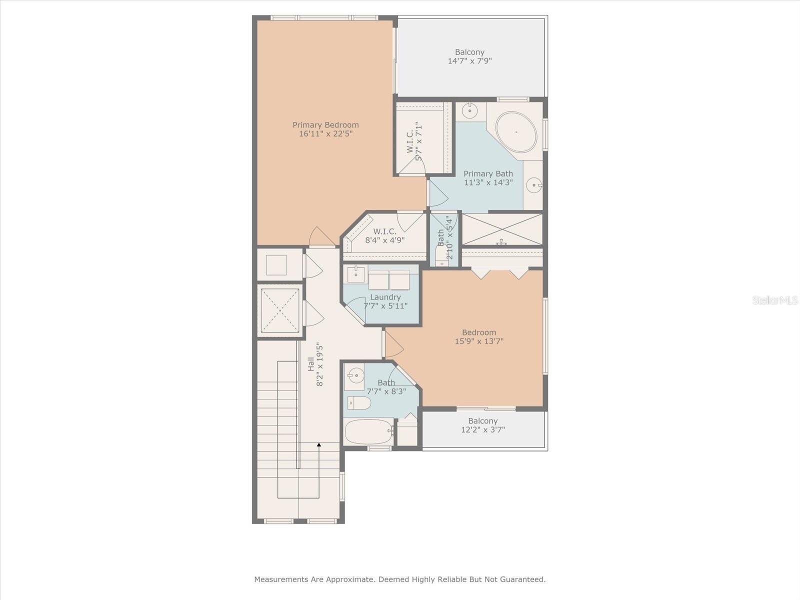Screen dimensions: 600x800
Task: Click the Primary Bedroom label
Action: pyautogui.click(x=325, y=125)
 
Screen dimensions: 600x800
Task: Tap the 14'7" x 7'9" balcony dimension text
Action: pyautogui.click(x=469, y=61)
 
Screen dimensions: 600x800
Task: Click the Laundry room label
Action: pyautogui.click(x=385, y=297)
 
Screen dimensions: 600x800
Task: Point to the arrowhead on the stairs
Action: pyautogui.click(x=319, y=444)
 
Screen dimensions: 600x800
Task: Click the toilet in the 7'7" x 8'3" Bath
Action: pyautogui.click(x=359, y=402)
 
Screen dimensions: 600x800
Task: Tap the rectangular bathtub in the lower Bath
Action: pyautogui.click(x=368, y=431)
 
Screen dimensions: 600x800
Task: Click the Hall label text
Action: pyautogui.click(x=311, y=363)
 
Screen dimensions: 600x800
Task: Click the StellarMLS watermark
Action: pyautogui.click(x=774, y=300)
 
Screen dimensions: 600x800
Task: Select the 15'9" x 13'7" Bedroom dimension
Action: pyautogui.click(x=479, y=341)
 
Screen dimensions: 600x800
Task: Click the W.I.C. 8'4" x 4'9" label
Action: pyautogui.click(x=384, y=235)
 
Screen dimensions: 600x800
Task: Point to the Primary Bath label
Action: pyautogui.click(x=488, y=173)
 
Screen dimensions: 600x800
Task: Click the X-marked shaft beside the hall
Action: pyautogui.click(x=280, y=310)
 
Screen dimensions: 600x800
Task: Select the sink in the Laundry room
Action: pyautogui.click(x=355, y=273)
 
